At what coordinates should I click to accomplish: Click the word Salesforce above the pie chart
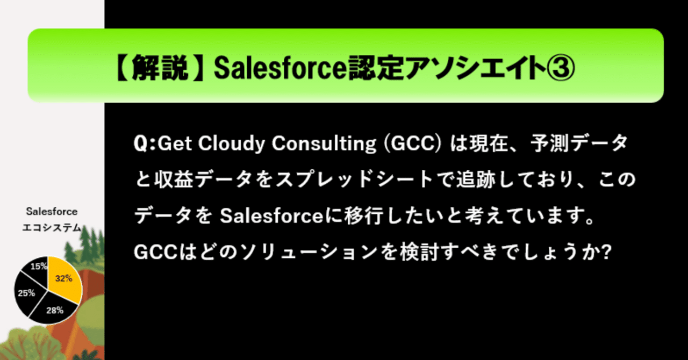(52, 212)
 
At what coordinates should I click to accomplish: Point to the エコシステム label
(52, 228)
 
